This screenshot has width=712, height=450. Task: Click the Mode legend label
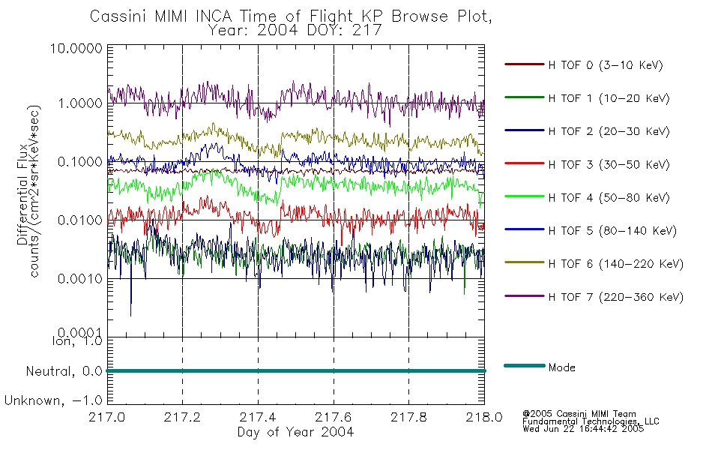[561, 367]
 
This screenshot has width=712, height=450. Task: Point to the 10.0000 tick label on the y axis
[76, 48]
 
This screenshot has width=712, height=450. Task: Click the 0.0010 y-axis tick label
[80, 279]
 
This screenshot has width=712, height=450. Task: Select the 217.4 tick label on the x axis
[258, 417]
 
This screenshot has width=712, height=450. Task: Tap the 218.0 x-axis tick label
[484, 417]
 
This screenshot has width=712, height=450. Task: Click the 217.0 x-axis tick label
[106, 417]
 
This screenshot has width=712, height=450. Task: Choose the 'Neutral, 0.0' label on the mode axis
[64, 371]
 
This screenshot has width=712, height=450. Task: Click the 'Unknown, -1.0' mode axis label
[53, 400]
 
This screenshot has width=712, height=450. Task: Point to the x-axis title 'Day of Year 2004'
[295, 432]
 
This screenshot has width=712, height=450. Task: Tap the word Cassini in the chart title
[119, 16]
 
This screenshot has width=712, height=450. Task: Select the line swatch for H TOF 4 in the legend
[525, 196]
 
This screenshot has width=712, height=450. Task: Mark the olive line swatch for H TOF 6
[525, 262]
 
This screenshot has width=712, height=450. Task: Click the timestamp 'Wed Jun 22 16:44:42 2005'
[583, 429]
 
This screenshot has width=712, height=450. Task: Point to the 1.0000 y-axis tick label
[80, 103]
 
